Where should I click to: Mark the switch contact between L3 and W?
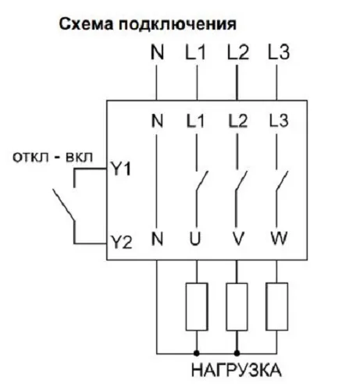tap(281, 183)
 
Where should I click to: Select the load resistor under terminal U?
tap(196, 307)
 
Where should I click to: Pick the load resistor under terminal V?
tap(237, 307)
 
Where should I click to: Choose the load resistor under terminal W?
tap(277, 307)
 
